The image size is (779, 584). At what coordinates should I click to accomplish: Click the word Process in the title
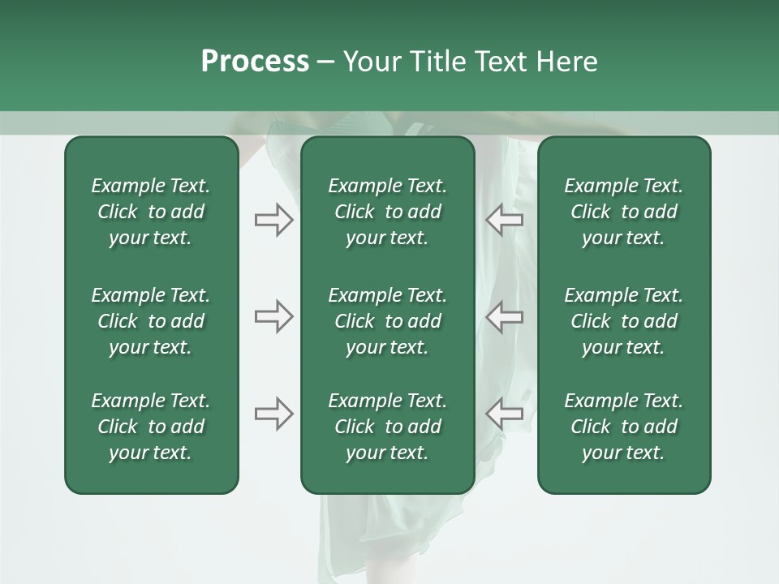coord(255,62)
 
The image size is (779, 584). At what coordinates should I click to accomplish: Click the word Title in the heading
coord(438,62)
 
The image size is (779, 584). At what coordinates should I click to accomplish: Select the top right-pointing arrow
coord(273,220)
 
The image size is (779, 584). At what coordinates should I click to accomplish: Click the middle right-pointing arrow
coord(273,316)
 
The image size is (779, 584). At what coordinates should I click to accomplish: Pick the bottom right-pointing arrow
coord(273,414)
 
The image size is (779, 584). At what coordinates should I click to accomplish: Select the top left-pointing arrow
coord(505,220)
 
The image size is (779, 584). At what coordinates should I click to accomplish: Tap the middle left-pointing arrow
coord(505,316)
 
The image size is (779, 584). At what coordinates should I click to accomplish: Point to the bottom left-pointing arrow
coord(505,414)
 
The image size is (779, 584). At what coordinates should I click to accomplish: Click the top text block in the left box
coord(151,212)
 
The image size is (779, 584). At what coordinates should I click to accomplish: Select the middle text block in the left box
coord(151,321)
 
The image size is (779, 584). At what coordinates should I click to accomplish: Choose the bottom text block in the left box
coord(151,427)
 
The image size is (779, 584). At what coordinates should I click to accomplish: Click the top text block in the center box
coord(387,212)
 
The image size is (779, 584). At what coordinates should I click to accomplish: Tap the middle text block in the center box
coord(387,321)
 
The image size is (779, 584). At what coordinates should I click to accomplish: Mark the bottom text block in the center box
coord(387,427)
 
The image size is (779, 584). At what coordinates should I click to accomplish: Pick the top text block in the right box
coord(623,212)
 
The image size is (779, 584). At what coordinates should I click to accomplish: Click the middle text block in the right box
coord(623,321)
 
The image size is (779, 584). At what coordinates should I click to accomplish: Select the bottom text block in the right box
coord(623,427)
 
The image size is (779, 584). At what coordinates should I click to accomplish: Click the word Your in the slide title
coord(372,62)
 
